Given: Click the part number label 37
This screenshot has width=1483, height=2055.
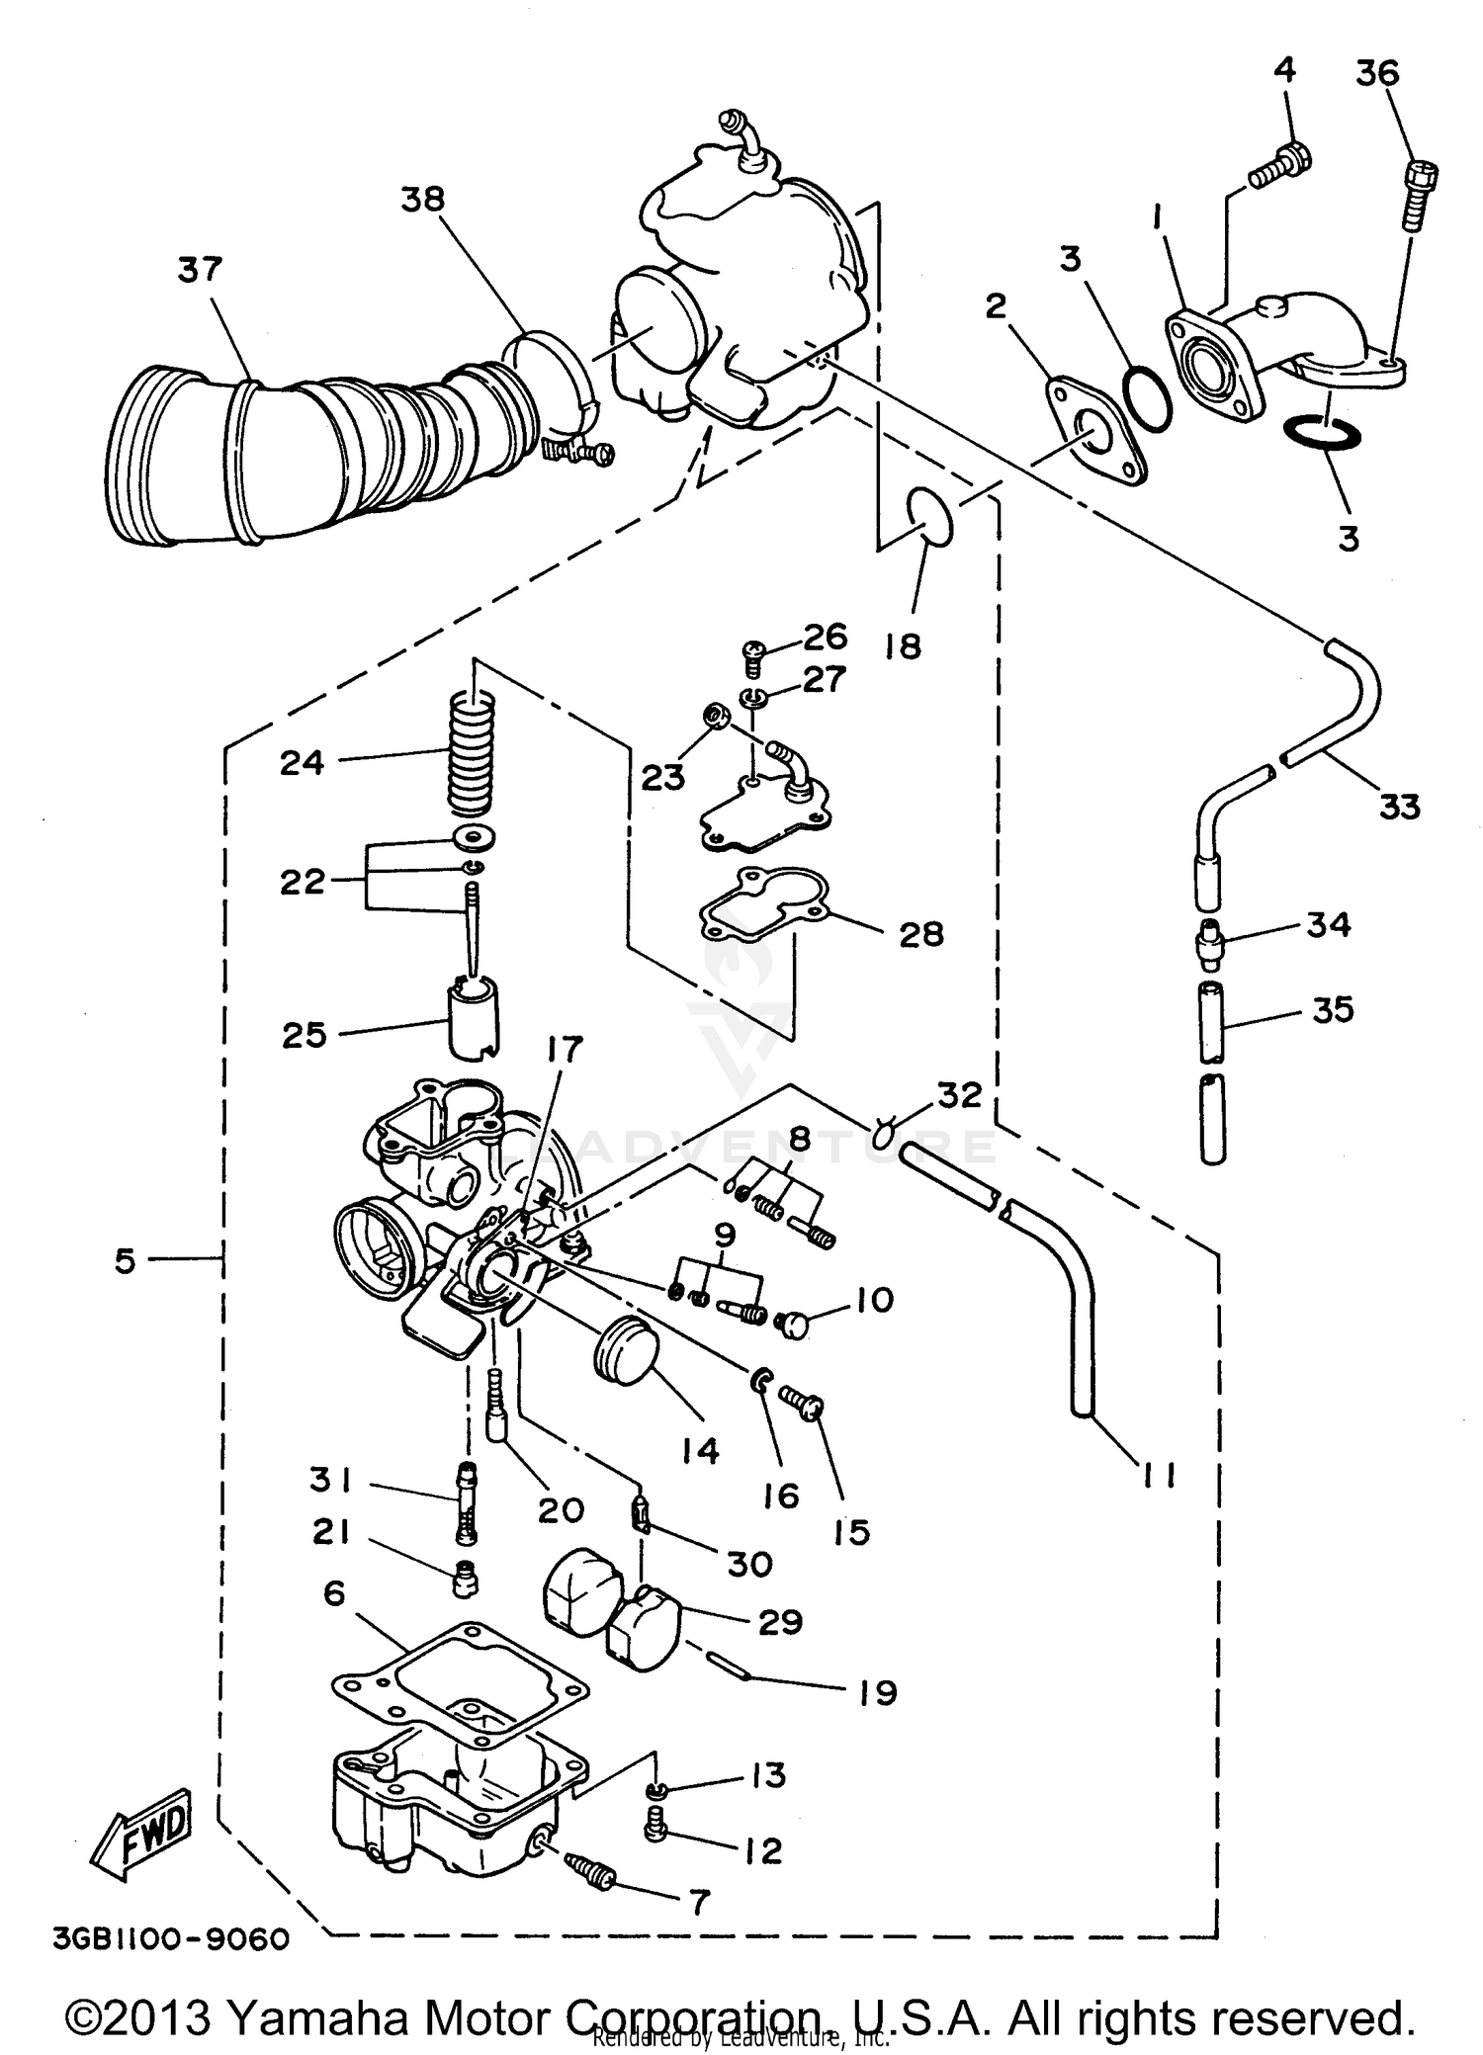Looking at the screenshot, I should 201,269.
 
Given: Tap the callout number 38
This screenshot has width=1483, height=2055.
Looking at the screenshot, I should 423,199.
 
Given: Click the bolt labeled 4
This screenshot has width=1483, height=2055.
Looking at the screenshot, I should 1281,169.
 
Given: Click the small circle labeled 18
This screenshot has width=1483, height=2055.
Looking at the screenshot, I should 929,515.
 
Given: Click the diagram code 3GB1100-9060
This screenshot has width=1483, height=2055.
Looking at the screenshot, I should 171,1939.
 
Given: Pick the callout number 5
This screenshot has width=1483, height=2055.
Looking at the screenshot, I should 125,1261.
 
